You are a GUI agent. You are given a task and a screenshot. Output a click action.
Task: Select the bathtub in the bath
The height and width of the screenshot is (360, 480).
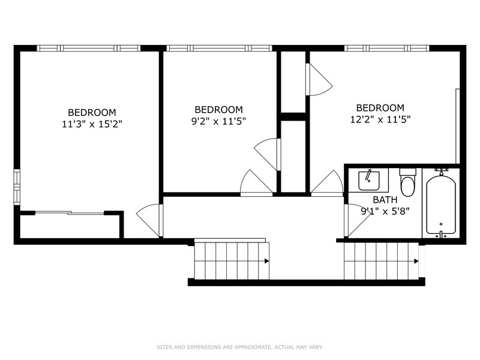pyautogui.click(x=441, y=204)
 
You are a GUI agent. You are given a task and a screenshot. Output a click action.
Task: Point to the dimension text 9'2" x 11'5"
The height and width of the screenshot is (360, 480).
pyautogui.click(x=218, y=121)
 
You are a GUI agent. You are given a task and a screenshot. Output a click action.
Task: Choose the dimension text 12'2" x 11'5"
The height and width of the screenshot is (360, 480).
pyautogui.click(x=384, y=119)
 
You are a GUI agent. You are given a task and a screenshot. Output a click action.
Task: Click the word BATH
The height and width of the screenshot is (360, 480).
pyautogui.click(x=385, y=200)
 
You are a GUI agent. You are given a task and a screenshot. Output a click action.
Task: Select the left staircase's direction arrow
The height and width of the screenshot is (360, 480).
pyautogui.click(x=266, y=261)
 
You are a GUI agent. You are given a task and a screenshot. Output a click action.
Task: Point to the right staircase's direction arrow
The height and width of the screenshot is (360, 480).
pyautogui.click(x=416, y=261)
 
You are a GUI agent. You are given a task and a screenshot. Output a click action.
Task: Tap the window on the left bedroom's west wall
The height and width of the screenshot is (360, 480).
pyautogui.click(x=17, y=187)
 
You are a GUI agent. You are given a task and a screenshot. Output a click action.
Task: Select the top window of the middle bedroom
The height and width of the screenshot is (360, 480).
pyautogui.click(x=218, y=48)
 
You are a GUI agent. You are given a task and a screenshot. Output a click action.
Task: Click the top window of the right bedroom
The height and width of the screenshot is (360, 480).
pyautogui.click(x=386, y=48)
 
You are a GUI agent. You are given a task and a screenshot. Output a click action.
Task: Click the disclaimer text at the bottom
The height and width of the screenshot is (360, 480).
pyautogui.click(x=239, y=347)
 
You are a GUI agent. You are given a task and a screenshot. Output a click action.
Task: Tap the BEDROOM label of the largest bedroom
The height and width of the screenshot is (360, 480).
pyautogui.click(x=92, y=112)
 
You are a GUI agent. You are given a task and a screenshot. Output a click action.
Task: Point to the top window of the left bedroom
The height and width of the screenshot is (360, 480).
pyautogui.click(x=88, y=48)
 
